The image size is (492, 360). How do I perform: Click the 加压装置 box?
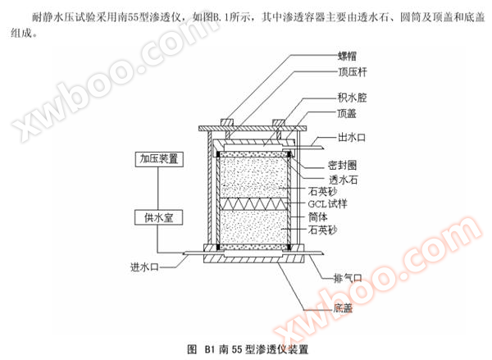pyautogui.click(x=159, y=159)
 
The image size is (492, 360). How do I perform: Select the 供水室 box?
pyautogui.click(x=159, y=217)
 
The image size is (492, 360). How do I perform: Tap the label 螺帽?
pyautogui.click(x=347, y=57)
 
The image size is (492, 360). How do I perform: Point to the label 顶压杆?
pyautogui.click(x=352, y=72)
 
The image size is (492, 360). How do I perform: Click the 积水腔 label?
pyautogui.click(x=352, y=98)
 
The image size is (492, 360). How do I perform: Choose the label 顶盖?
pyautogui.click(x=347, y=113)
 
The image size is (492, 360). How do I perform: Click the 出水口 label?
pyautogui.click(x=352, y=138)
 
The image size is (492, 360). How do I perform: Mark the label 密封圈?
pyautogui.click(x=342, y=165)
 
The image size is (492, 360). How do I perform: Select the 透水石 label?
pyautogui.click(x=343, y=180)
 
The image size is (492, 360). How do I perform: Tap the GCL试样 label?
pyautogui.click(x=327, y=204)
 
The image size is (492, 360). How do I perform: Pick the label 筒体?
pyautogui.click(x=318, y=216)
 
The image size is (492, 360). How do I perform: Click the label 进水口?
pyautogui.click(x=144, y=267)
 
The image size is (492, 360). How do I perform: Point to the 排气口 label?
pyautogui.click(x=348, y=278)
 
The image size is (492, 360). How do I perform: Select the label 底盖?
pyautogui.click(x=343, y=308)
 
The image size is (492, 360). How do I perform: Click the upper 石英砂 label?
pyautogui.click(x=322, y=191)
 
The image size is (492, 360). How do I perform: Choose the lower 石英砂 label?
pyautogui.click(x=322, y=230)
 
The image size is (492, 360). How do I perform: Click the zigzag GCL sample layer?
pyautogui.click(x=253, y=204)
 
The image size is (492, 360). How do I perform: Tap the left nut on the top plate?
pyautogui.click(x=228, y=122)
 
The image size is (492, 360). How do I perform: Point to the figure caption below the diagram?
pyautogui.click(x=248, y=349)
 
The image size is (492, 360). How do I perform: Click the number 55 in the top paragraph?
pyautogui.click(x=133, y=17)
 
